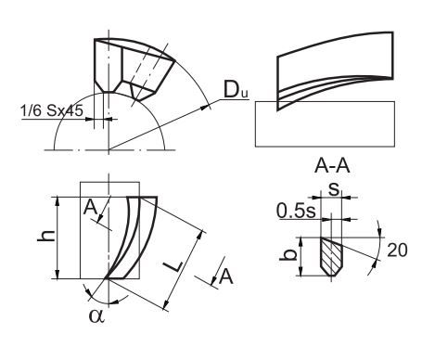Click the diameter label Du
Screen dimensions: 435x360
236,90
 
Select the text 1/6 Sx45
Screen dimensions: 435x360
52,110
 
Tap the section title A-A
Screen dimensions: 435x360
332,166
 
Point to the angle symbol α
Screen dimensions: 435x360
96,315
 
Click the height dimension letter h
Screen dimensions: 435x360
46,237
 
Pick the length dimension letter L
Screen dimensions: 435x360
172,266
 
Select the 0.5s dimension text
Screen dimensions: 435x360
296,211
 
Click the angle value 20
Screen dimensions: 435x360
397,250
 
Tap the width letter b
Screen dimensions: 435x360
288,255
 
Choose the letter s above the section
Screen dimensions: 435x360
334,189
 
